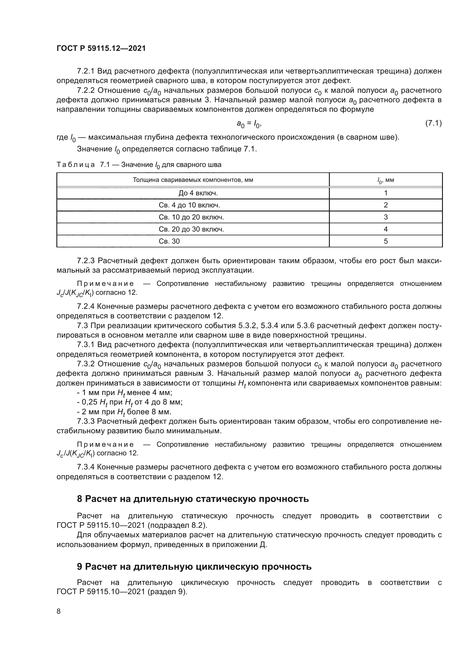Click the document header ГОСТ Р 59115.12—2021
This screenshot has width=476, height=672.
click(101, 49)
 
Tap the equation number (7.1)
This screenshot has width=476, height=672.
click(433, 123)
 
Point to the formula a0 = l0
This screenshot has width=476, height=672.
click(249, 124)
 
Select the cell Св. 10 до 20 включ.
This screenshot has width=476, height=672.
click(191, 217)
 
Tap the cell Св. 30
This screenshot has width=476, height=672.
click(169, 241)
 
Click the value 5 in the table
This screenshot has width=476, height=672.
click(386, 241)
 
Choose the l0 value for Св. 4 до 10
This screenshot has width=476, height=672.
click(386, 205)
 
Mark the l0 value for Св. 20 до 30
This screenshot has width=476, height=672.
click(386, 229)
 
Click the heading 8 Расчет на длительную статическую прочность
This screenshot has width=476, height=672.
click(193, 499)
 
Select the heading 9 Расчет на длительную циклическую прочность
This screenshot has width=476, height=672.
click(194, 567)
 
